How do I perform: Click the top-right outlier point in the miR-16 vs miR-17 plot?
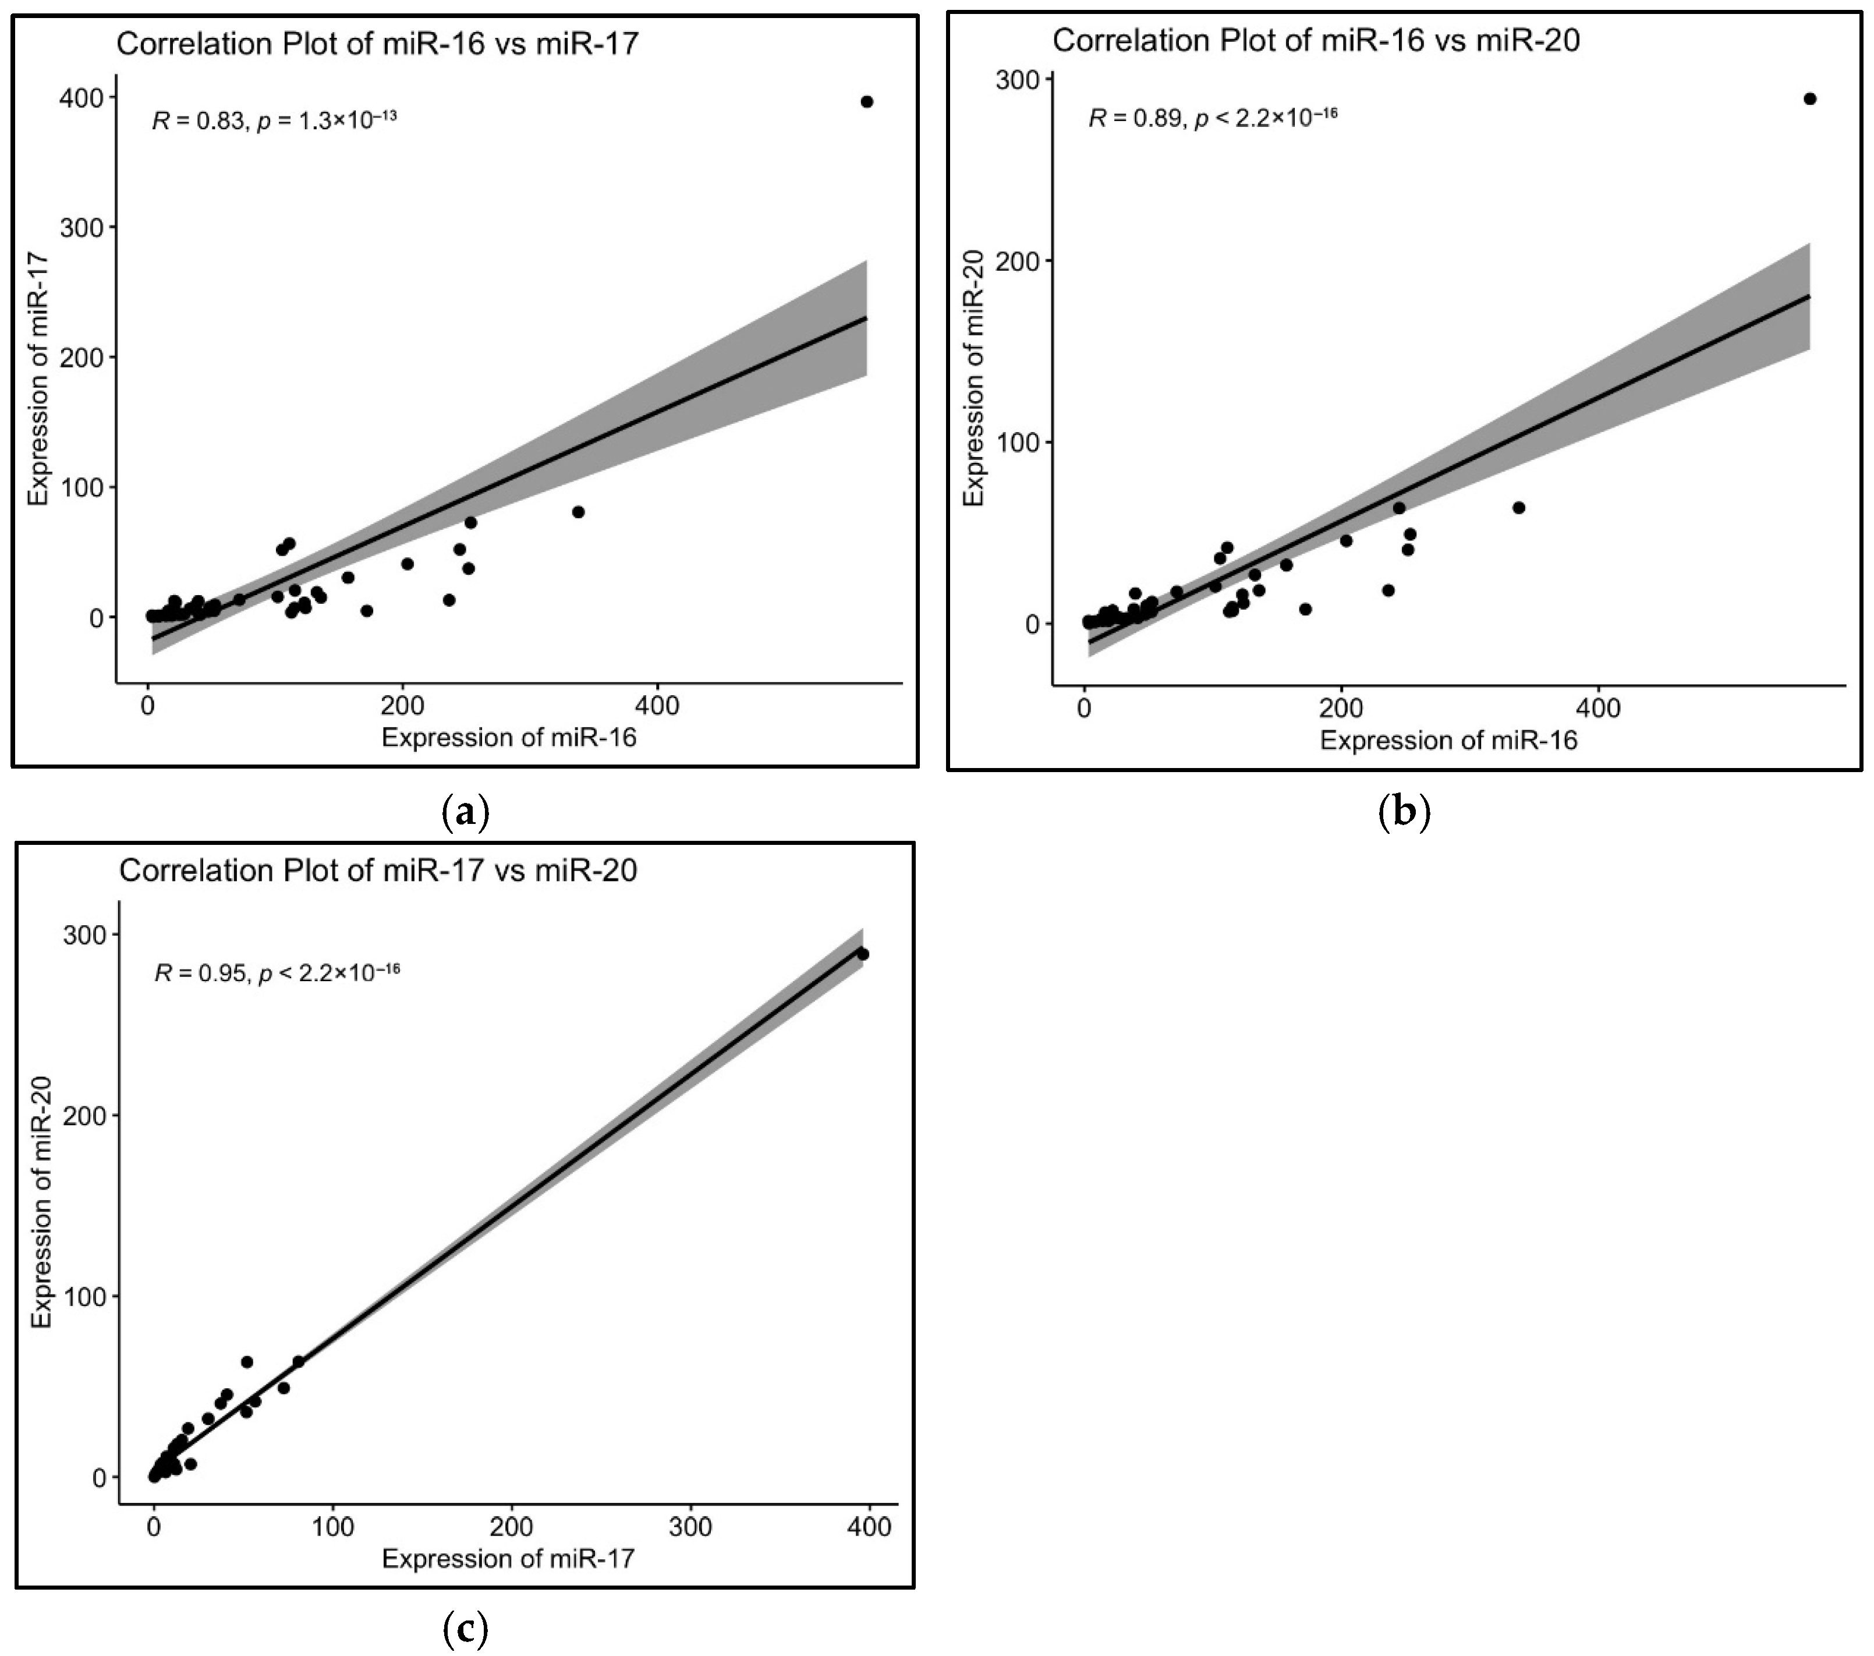coord(866,102)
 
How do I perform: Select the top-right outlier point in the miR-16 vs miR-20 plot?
coord(1809,99)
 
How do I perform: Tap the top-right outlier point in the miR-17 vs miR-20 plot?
coord(862,954)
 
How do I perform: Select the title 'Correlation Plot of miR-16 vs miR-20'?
coord(1316,40)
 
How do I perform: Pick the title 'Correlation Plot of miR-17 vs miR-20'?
coord(378,870)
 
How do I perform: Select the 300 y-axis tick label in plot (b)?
coord(1019,81)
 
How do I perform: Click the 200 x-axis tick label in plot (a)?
coord(402,706)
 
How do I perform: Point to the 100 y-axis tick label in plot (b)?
coord(1019,443)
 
